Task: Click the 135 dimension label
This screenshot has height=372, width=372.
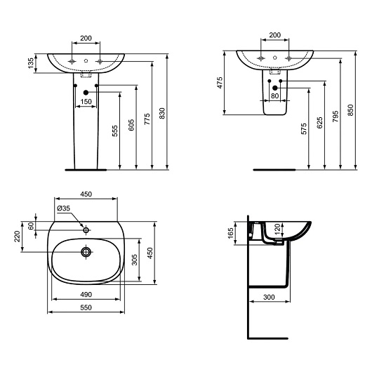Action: pyautogui.click(x=31, y=63)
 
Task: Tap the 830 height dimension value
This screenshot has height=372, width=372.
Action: pyautogui.click(x=162, y=114)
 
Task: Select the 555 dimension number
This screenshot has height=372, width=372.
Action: pyautogui.click(x=115, y=131)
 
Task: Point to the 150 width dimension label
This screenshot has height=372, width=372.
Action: pyautogui.click(x=86, y=102)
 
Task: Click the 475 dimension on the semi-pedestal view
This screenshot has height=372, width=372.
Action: pyautogui.click(x=220, y=83)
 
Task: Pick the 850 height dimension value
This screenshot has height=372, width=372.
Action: pyautogui.click(x=350, y=110)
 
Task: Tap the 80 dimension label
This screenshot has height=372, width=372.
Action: pyautogui.click(x=274, y=96)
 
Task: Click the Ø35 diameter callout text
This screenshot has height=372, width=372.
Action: pyautogui.click(x=64, y=208)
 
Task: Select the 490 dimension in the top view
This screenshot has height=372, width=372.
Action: pyautogui.click(x=86, y=294)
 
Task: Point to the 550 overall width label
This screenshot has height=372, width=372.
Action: pyautogui.click(x=86, y=307)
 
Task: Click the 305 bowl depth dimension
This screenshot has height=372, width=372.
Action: pyautogui.click(x=134, y=260)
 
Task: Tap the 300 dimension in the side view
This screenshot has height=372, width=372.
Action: pyautogui.click(x=269, y=297)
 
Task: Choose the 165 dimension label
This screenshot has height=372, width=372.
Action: pyautogui.click(x=230, y=233)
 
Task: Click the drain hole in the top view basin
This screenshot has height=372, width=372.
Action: pyautogui.click(x=86, y=252)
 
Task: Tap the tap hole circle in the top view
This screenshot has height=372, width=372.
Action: pyautogui.click(x=86, y=230)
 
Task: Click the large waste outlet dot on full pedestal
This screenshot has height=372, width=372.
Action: pyautogui.click(x=86, y=93)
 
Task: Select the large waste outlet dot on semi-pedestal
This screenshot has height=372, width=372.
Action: pyautogui.click(x=275, y=88)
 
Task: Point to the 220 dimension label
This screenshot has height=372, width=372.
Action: pyautogui.click(x=17, y=237)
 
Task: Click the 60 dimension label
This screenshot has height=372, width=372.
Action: pyautogui.click(x=31, y=226)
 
